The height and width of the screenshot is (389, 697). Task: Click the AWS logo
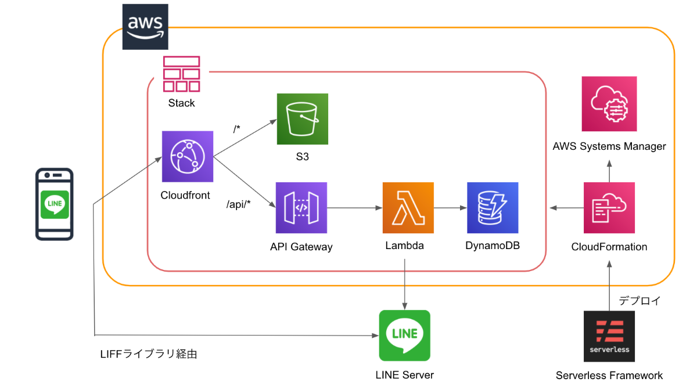pos(145,27)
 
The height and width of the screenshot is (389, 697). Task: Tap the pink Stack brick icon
pos(181,74)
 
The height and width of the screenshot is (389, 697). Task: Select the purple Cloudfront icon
pos(188,156)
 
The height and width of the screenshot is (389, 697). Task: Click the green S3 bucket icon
pos(303,119)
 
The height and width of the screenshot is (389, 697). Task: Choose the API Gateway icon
pos(301,208)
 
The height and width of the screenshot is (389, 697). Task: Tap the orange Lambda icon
pos(408,208)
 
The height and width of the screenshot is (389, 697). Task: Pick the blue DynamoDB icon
pos(493,208)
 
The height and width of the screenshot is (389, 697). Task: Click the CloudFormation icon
pos(609,208)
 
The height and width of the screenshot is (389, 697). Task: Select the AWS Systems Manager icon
pos(609,104)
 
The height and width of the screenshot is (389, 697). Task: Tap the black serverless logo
pos(609,336)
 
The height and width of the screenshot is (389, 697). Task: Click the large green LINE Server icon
pos(404,336)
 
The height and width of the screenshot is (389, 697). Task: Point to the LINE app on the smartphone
pos(55,204)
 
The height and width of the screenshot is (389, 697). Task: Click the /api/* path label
pos(238,204)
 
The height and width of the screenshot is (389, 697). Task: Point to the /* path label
pos(237,128)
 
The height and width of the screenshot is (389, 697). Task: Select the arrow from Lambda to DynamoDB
pos(451,208)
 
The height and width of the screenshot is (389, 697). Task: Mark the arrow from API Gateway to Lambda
pos(355,208)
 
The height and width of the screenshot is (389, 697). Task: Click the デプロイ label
pos(639,301)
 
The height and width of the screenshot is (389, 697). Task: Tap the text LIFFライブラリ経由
pos(149,354)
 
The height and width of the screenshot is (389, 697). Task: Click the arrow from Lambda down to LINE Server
pos(404,284)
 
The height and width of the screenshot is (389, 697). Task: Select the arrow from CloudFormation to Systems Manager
pos(609,171)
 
